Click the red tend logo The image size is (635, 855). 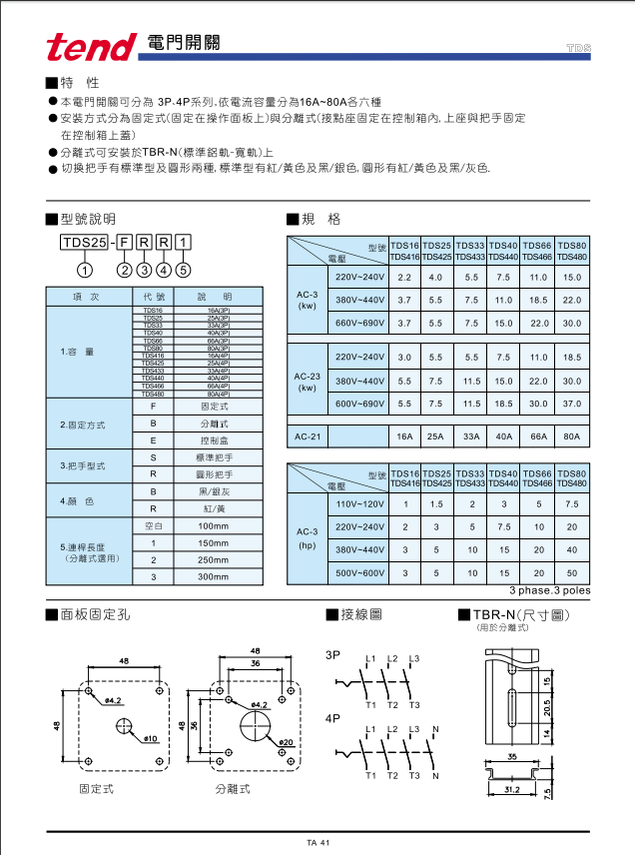pyautogui.click(x=91, y=45)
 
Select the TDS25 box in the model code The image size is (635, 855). pyautogui.click(x=85, y=243)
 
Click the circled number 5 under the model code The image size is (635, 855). pyautogui.click(x=183, y=268)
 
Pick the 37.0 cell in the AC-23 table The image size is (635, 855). pyautogui.click(x=572, y=404)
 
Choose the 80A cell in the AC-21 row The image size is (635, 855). pyautogui.click(x=572, y=436)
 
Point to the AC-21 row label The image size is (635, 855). pyautogui.click(x=307, y=436)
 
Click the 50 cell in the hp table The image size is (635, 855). pyautogui.click(x=572, y=573)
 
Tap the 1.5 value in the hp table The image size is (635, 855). pyautogui.click(x=436, y=503)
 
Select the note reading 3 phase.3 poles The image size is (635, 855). pyautogui.click(x=549, y=591)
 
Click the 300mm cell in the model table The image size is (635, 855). pyautogui.click(x=213, y=577)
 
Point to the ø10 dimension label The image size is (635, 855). pyautogui.click(x=151, y=739)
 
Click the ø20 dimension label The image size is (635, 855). pyautogui.click(x=284, y=742)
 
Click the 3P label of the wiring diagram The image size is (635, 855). pyautogui.click(x=332, y=655)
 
